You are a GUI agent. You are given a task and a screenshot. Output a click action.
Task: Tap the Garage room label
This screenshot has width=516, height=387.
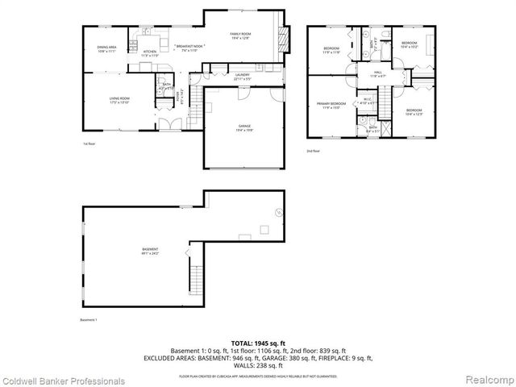(244, 127)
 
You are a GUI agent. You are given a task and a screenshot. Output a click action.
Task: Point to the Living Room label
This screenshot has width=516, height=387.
(119, 101)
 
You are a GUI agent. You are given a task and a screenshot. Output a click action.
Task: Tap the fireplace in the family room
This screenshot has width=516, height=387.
(283, 35)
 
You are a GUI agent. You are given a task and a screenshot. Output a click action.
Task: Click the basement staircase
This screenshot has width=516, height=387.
(193, 281)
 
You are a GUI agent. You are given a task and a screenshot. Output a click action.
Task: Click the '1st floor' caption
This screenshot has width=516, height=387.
(89, 144)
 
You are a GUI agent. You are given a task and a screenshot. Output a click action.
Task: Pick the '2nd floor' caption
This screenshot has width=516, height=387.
(313, 151)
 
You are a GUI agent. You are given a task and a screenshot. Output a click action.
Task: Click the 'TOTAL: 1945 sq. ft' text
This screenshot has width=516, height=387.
(258, 343)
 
